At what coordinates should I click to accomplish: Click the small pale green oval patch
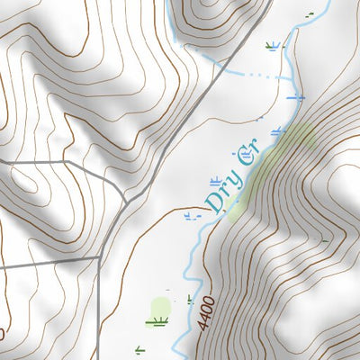[x=161, y=306]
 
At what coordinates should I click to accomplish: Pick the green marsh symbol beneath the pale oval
[x=160, y=321]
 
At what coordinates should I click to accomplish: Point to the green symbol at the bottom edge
[x=139, y=349]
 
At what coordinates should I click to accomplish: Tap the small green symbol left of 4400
[x=190, y=299]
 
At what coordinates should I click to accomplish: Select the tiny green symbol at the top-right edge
[x=310, y=14]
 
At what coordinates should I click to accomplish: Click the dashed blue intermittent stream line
[x=256, y=75]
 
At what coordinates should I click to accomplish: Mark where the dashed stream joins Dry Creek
[x=286, y=77]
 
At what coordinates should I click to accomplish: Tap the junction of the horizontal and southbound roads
[x=97, y=258]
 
